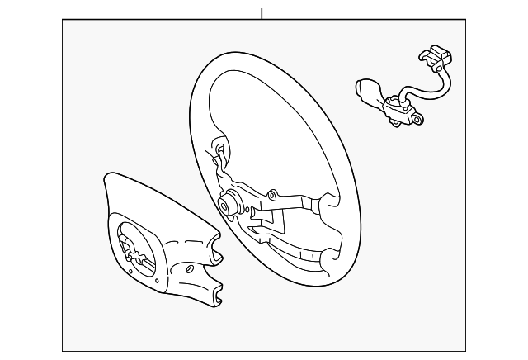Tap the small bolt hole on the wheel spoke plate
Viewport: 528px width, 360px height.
point(273,197)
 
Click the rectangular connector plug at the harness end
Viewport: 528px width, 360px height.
point(436,59)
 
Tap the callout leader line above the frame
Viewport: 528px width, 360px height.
point(262,13)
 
